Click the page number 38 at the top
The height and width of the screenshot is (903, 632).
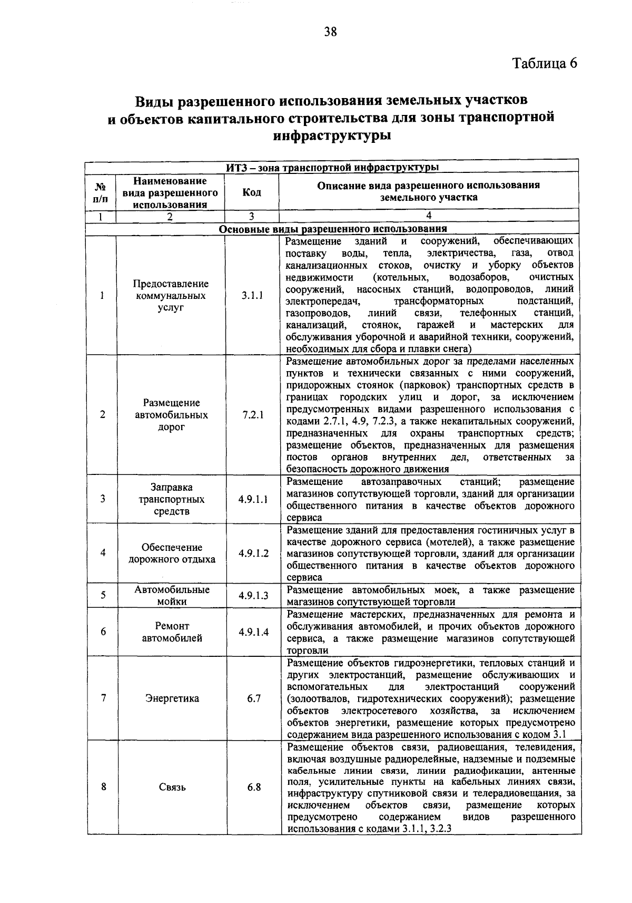coord(330,32)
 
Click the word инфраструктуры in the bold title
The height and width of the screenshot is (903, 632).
coord(332,135)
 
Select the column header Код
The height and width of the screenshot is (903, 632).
coord(251,192)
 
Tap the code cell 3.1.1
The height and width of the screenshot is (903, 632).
coord(252,296)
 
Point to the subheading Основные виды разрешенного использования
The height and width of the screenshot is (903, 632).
coord(333,229)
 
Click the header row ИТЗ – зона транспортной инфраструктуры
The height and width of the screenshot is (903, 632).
coord(333,168)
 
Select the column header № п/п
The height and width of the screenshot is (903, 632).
coord(101,192)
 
